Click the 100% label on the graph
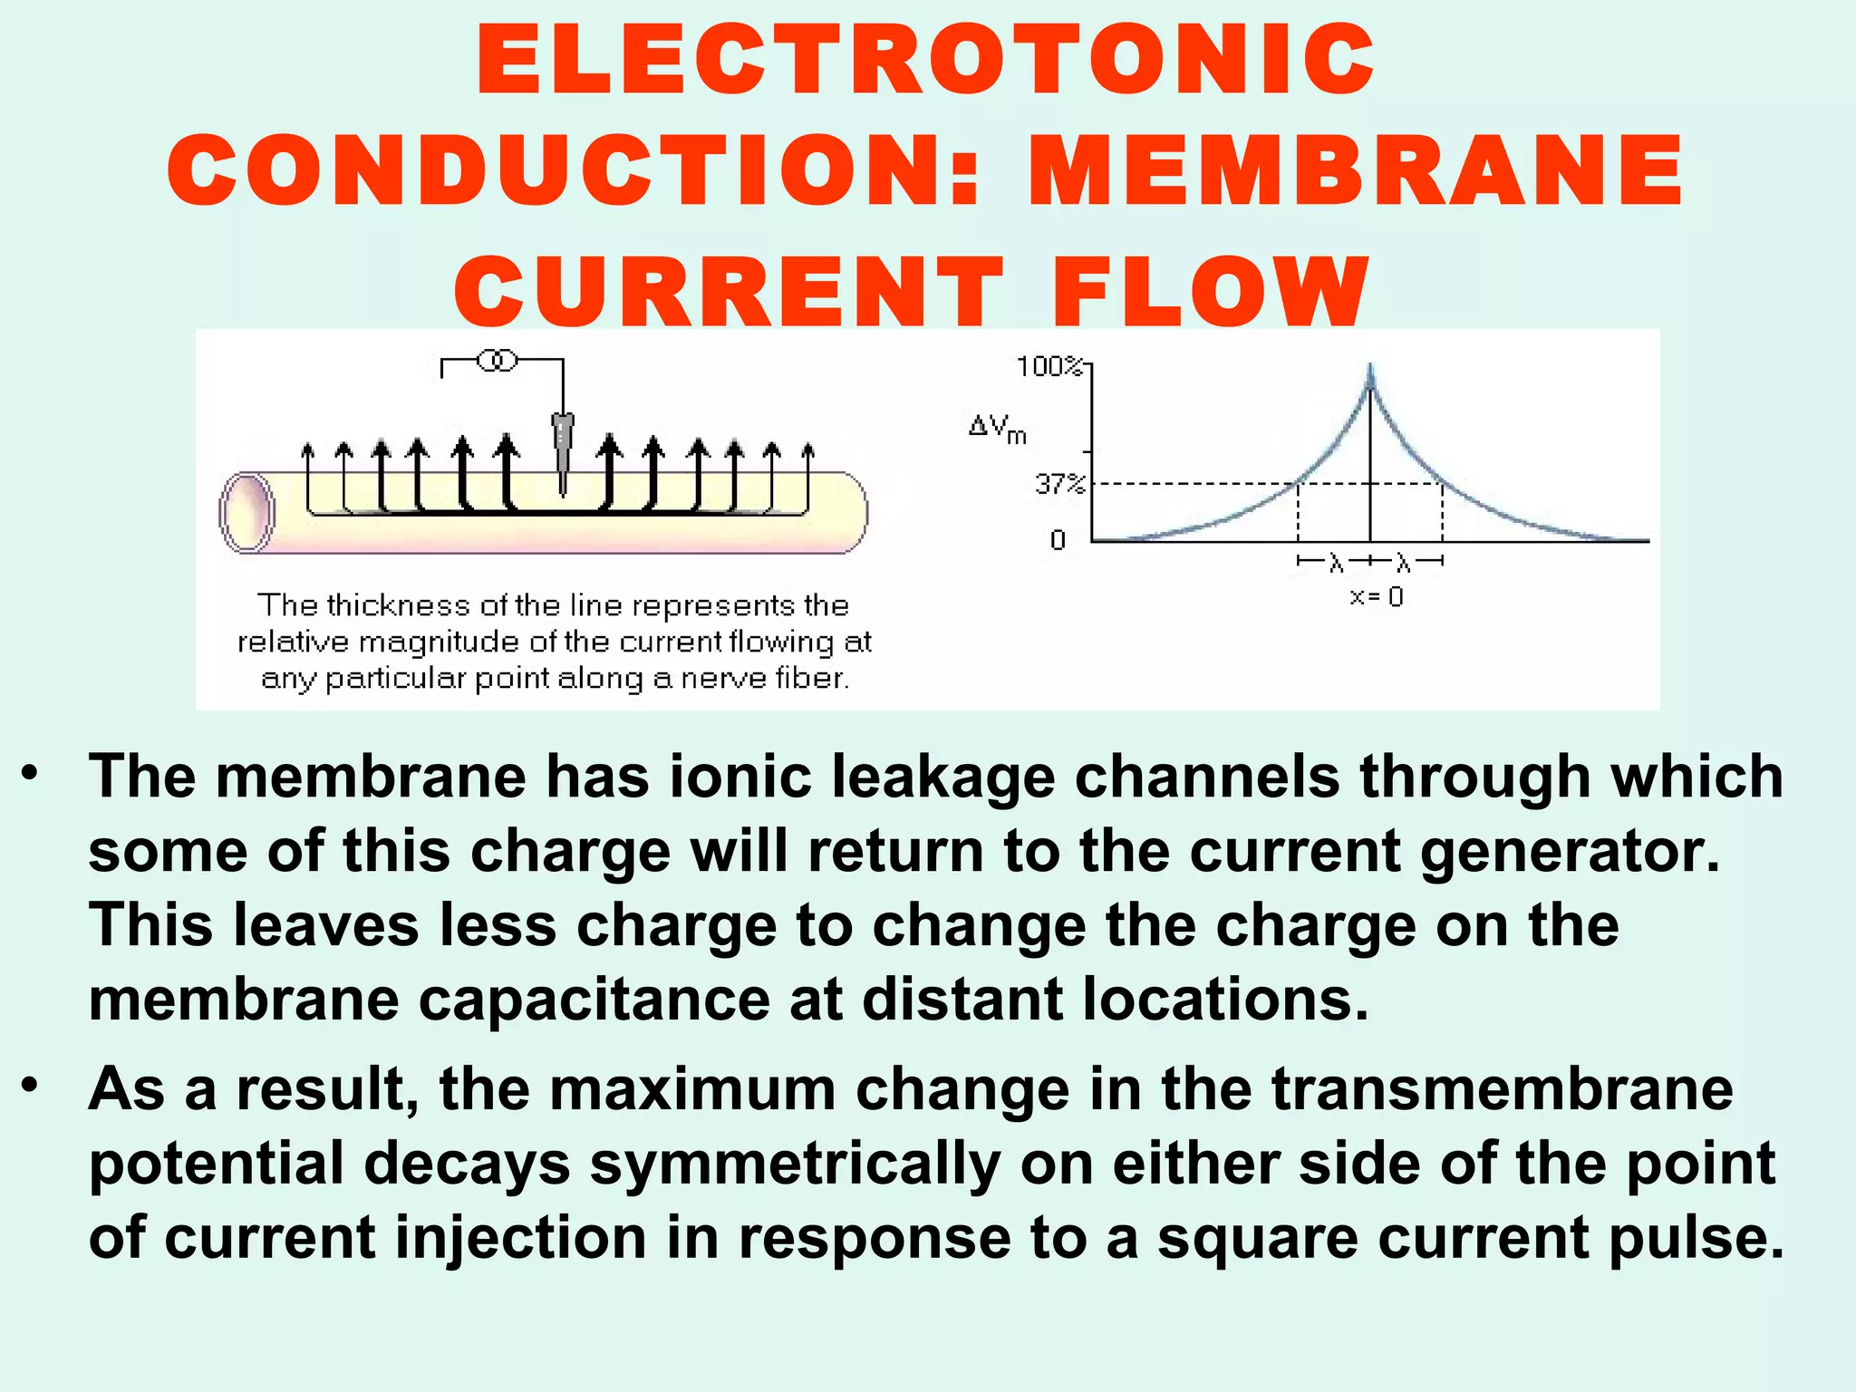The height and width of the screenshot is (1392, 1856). pyautogui.click(x=1049, y=367)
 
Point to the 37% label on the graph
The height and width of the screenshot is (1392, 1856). pyautogui.click(x=1059, y=484)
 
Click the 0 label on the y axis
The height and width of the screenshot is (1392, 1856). pyautogui.click(x=1058, y=540)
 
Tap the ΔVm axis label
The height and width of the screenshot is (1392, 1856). pyautogui.click(x=997, y=428)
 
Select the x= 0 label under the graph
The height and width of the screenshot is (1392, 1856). pyautogui.click(x=1377, y=597)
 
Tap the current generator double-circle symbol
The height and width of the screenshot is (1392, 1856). pyautogui.click(x=497, y=361)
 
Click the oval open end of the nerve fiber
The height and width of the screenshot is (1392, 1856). pyautogui.click(x=247, y=512)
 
